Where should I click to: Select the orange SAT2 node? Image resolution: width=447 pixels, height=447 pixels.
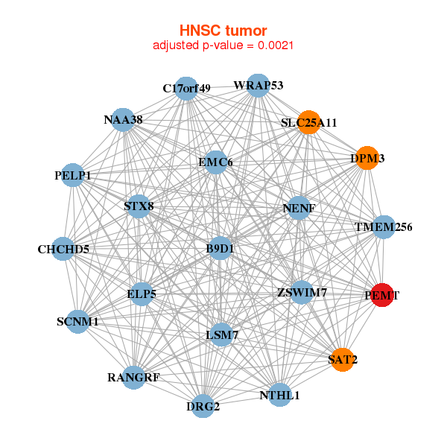tap(342, 359)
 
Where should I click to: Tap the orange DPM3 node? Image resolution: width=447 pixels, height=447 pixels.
tap(367, 158)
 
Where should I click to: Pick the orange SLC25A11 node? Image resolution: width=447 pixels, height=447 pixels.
tap(309, 122)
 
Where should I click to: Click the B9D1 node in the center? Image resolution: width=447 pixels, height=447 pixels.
tap(220, 249)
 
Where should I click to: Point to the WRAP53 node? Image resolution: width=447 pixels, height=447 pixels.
tap(258, 86)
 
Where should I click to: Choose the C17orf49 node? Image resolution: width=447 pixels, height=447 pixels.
tap(186, 88)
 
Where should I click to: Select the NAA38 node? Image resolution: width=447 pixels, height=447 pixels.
tap(123, 119)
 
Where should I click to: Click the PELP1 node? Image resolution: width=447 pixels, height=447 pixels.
tap(72, 175)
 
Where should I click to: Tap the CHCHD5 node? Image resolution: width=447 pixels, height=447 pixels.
tap(63, 249)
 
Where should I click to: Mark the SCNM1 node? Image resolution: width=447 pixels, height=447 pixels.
tap(77, 322)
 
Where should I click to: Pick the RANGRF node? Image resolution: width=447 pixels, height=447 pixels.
tap(135, 377)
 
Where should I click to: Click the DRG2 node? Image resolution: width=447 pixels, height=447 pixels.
tap(203, 406)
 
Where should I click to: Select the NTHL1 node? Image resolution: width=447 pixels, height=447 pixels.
tap(279, 395)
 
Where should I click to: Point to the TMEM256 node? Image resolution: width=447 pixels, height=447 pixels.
tap(383, 226)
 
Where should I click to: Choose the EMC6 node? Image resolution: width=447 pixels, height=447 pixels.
tap(216, 162)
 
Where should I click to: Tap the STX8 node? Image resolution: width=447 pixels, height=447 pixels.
tap(139, 206)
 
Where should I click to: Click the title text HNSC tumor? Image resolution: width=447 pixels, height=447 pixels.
tap(223, 31)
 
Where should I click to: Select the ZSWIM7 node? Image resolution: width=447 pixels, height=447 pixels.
tap(302, 292)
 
